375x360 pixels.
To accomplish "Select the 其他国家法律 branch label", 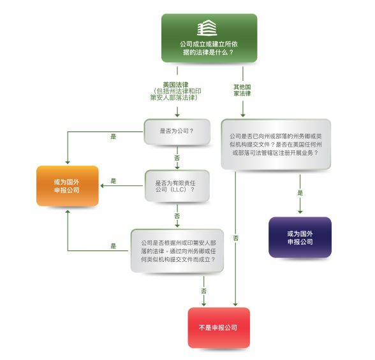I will (x=242, y=89).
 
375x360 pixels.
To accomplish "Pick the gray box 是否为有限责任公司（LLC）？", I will (x=177, y=185).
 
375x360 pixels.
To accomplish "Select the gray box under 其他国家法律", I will (x=276, y=145).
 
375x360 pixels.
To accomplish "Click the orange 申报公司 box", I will (x=67, y=185).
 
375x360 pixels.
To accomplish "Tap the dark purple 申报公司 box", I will (x=300, y=237).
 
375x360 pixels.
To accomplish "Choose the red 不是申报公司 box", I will (x=218, y=328).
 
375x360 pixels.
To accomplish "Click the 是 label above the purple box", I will (x=300, y=192).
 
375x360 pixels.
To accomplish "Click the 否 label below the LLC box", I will (x=177, y=216).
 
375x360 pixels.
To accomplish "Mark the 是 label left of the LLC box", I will (x=114, y=181).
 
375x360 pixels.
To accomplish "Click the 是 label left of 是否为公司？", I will (x=114, y=136).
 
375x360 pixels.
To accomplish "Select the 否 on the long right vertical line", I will (x=236, y=238).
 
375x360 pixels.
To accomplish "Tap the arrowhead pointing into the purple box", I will (x=300, y=213).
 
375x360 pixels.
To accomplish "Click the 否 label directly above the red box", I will (x=204, y=291).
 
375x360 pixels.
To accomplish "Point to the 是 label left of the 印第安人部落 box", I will (x=114, y=246).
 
